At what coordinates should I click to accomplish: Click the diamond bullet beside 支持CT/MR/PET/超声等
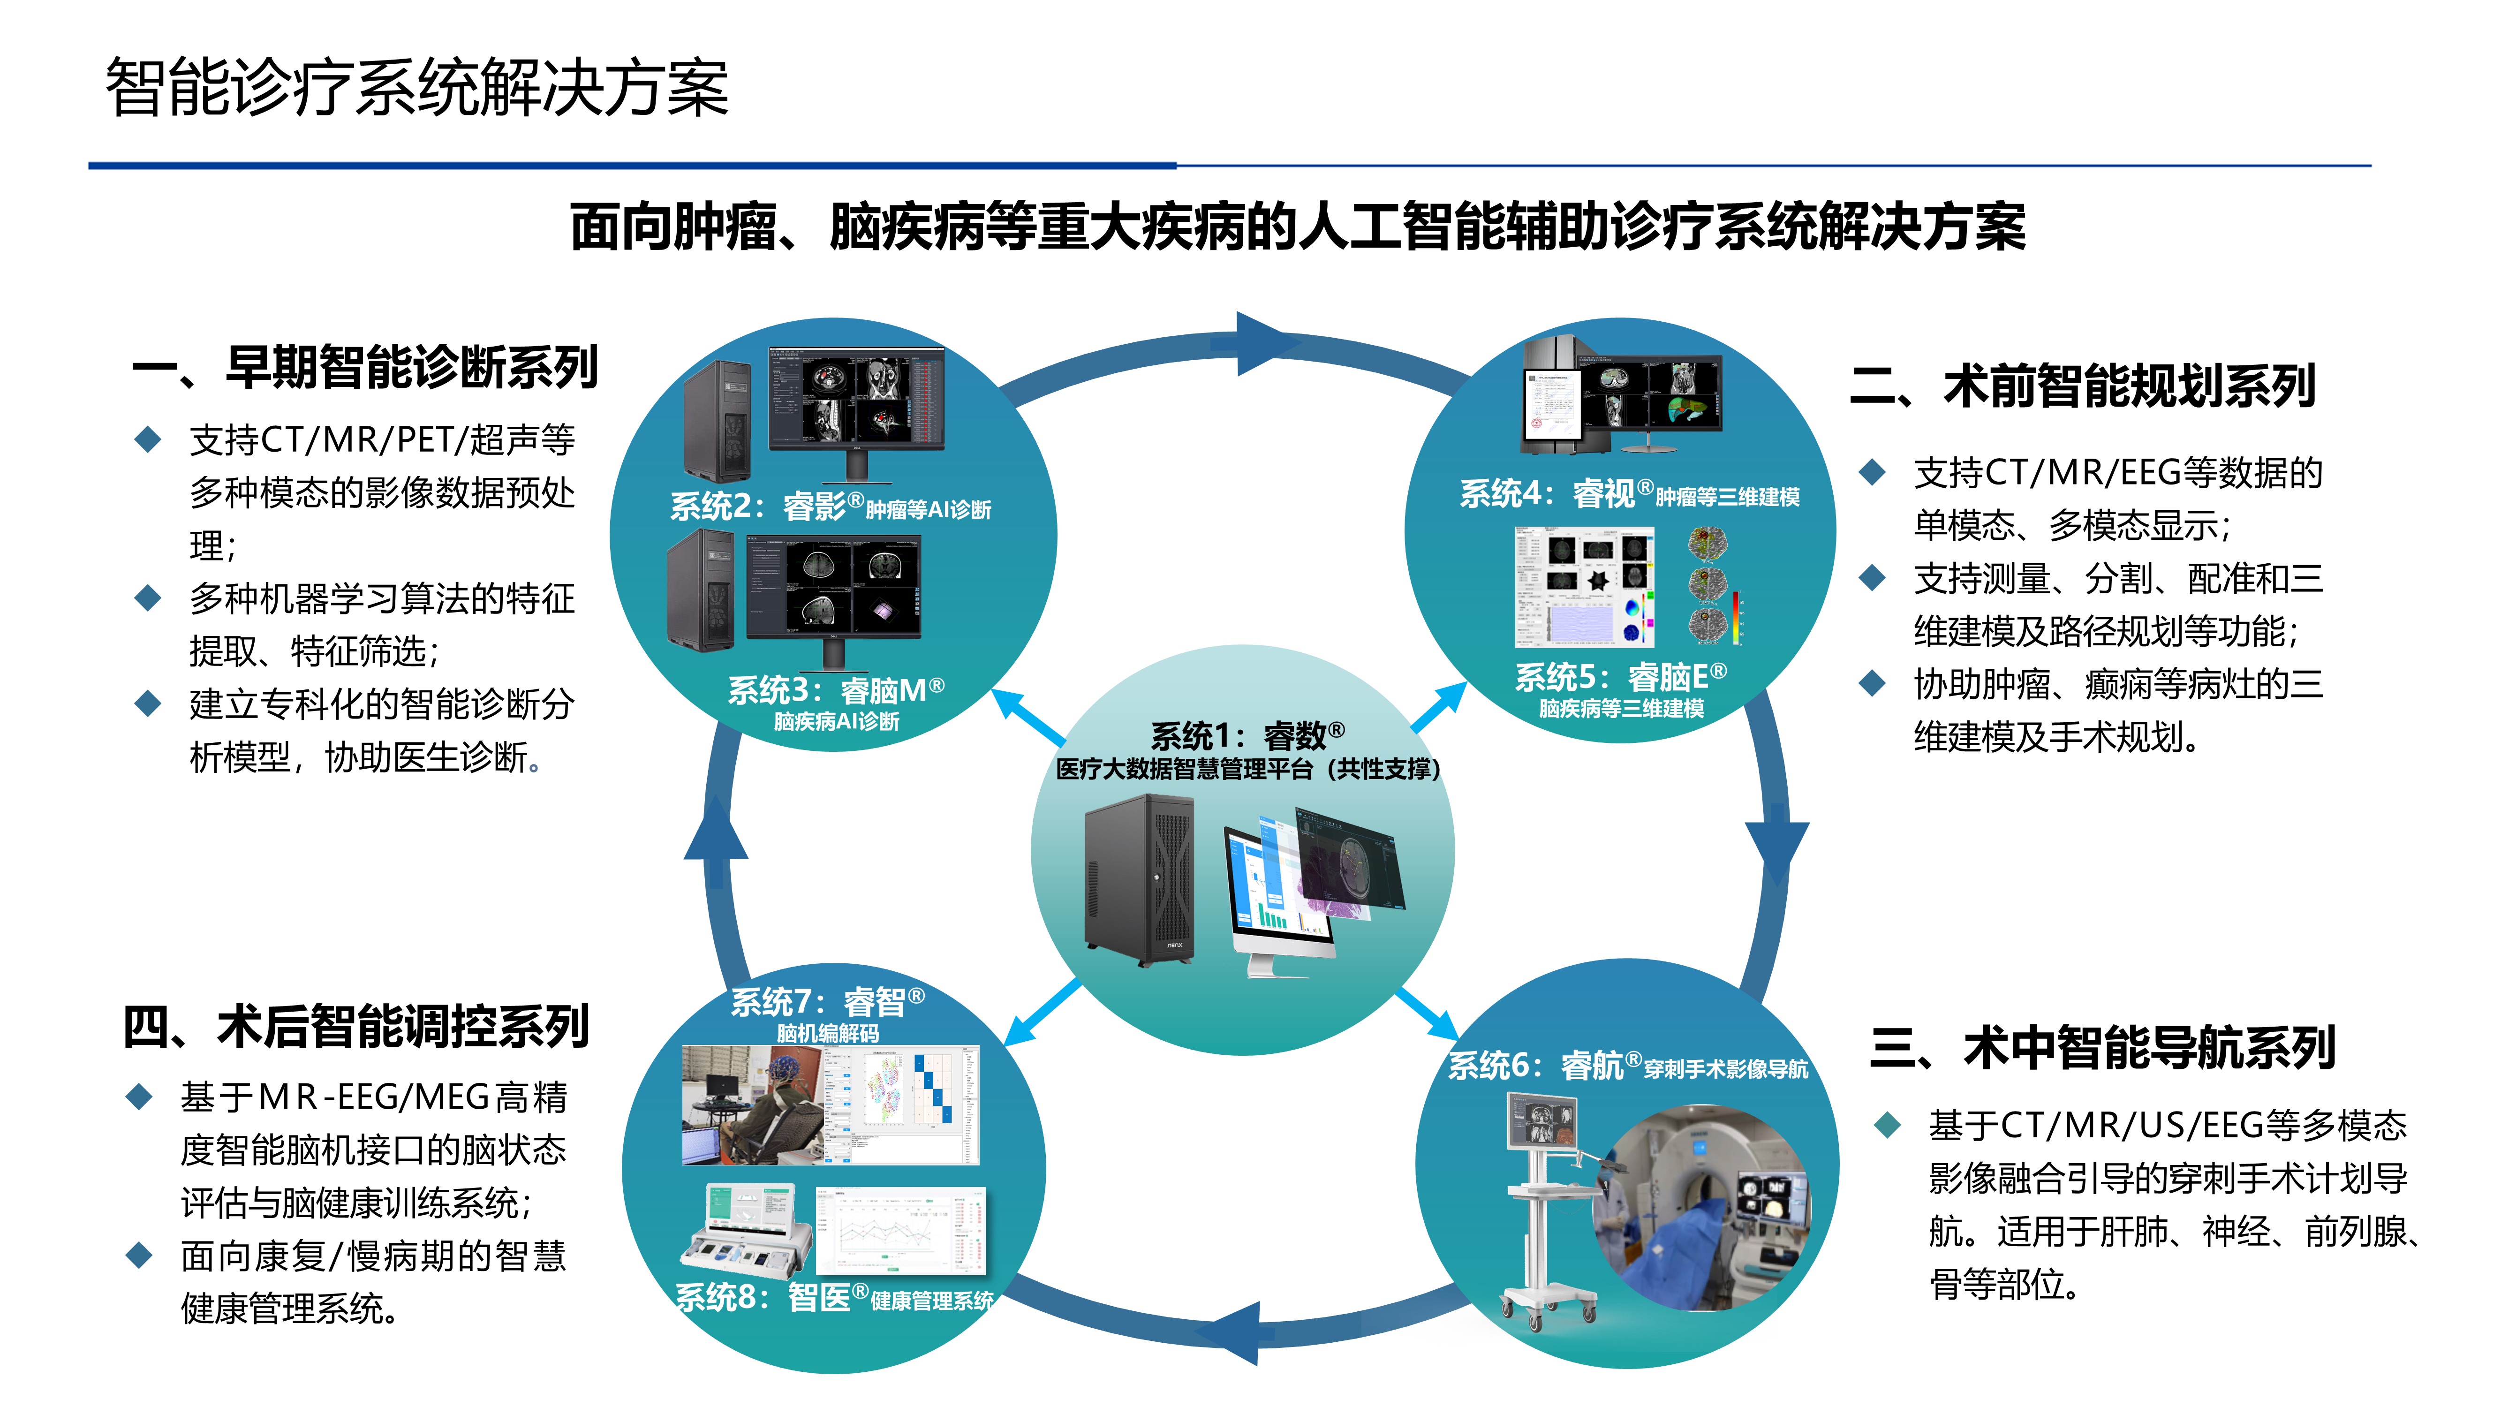148,440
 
